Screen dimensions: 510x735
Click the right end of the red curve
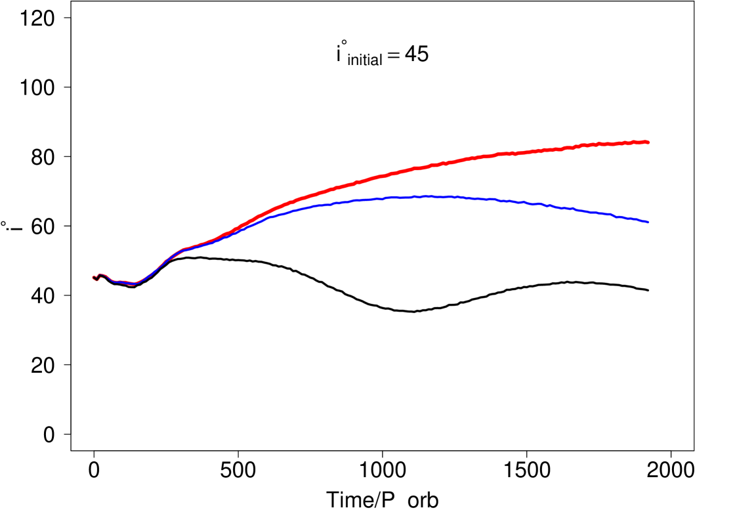point(648,142)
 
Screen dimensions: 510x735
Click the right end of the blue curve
point(648,223)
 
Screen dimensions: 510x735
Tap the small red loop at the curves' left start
point(96,278)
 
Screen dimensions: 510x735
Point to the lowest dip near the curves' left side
point(135,284)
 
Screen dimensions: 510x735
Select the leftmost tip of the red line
point(93,278)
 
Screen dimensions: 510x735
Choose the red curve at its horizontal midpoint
point(371,178)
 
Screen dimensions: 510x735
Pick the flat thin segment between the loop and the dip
point(121,281)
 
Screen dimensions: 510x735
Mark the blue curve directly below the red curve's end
point(648,223)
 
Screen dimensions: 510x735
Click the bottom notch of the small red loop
point(96,281)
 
